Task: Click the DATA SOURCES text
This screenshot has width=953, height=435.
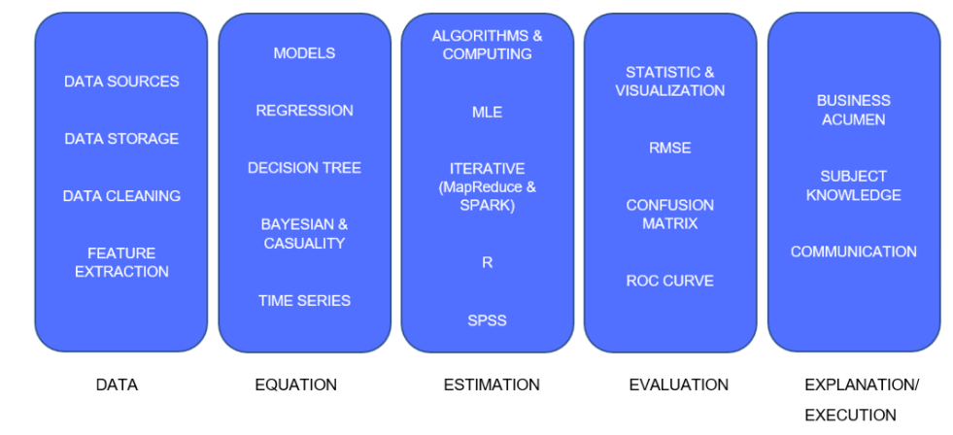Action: coord(121,82)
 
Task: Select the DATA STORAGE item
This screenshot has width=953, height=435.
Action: coord(121,139)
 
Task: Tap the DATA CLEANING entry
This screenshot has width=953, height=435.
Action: coord(121,196)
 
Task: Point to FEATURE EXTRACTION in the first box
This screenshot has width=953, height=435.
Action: coord(121,262)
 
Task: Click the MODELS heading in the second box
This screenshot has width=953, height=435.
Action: coord(304,53)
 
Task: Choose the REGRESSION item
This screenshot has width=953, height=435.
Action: coord(304,111)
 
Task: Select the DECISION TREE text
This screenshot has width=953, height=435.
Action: coord(304,168)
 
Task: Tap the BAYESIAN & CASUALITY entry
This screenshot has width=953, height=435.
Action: coord(304,234)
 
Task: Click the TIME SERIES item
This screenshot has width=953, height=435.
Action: coord(304,301)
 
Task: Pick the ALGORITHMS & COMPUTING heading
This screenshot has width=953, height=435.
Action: coord(487,45)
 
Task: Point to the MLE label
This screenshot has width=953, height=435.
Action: coord(487,112)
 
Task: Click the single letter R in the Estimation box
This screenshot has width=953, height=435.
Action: coord(487,263)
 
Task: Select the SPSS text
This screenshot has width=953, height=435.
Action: coord(487,320)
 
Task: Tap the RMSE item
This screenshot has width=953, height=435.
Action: coord(669,149)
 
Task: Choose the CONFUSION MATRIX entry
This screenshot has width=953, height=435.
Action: coord(669,215)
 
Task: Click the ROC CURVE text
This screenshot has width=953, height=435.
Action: coord(669,282)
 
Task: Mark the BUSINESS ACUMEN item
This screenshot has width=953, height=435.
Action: coord(853,110)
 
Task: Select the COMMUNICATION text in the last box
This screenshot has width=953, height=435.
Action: coord(853,252)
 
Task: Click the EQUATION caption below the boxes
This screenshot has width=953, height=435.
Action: coord(295,385)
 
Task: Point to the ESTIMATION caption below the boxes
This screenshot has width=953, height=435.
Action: coord(492,385)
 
